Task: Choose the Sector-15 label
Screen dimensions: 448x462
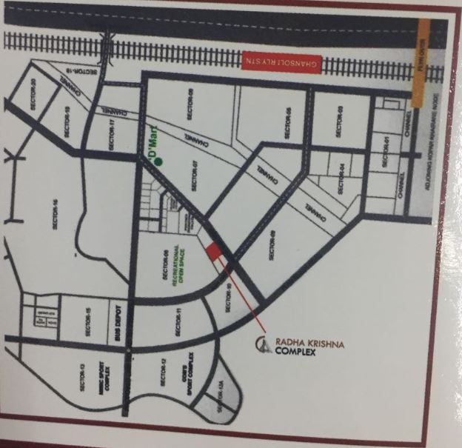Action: pos(87,321)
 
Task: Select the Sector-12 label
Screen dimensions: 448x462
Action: pos(163,373)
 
